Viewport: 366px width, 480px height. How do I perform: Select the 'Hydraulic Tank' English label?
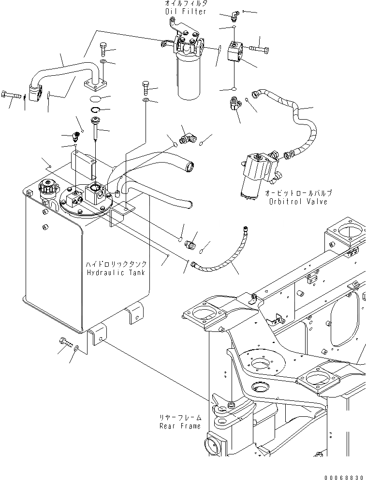(116, 273)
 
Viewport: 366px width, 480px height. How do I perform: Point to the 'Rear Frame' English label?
(180, 426)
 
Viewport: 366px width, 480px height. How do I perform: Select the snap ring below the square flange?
(95, 112)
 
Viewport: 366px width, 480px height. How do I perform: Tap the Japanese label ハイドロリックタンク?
(116, 265)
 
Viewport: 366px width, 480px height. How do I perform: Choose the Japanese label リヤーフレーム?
(181, 418)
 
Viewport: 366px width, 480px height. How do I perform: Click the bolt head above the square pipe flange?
(104, 48)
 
